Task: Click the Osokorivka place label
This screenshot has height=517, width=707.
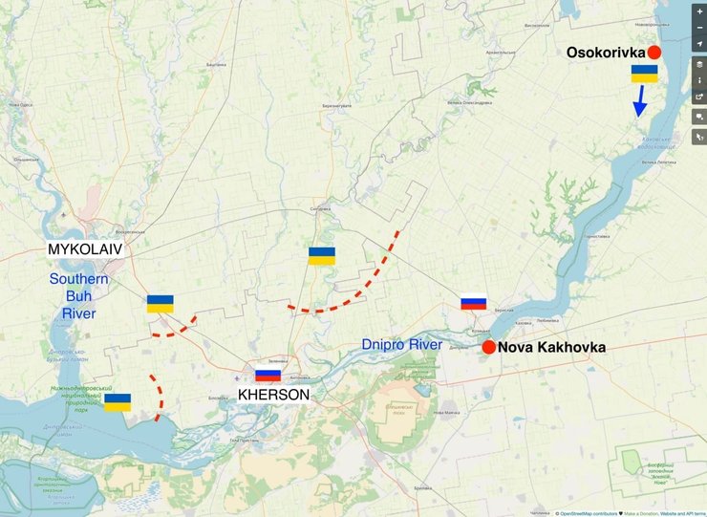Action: coord(606,53)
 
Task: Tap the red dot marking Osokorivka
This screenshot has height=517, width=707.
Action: coord(654,53)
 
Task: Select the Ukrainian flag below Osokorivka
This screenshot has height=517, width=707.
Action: coord(644,74)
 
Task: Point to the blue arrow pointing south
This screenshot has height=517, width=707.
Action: coord(641,100)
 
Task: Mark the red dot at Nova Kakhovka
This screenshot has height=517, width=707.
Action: coord(488,347)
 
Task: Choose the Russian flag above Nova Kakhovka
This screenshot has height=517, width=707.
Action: coord(474,302)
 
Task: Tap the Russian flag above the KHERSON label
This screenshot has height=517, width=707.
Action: coord(268,375)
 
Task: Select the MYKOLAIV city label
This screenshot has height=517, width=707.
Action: coord(86,249)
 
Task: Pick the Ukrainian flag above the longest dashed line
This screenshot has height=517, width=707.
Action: coord(321,255)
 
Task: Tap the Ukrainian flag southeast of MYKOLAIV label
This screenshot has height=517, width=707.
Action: coord(161,304)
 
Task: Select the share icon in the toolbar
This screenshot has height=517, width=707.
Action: coord(699,97)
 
